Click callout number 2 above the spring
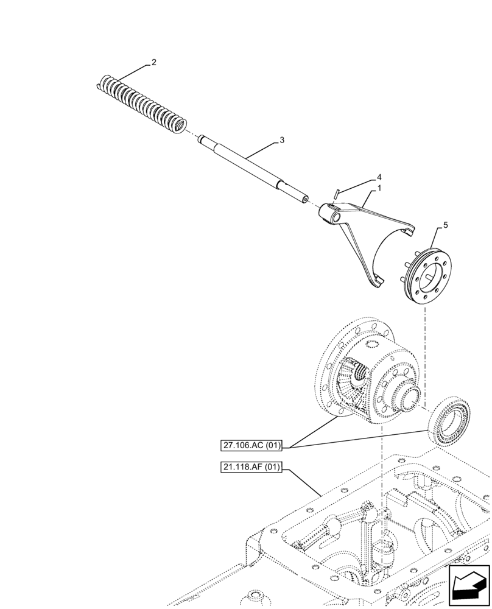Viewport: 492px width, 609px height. (x=154, y=63)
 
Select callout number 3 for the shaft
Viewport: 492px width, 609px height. (x=282, y=140)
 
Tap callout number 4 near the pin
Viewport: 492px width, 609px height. (x=379, y=177)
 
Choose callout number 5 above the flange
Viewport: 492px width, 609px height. (x=445, y=225)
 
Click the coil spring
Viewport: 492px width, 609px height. (x=143, y=100)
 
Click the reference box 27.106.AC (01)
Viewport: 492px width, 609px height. (x=251, y=446)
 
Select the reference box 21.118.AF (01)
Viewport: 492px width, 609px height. (x=251, y=468)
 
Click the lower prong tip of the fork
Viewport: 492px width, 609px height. (x=378, y=282)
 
